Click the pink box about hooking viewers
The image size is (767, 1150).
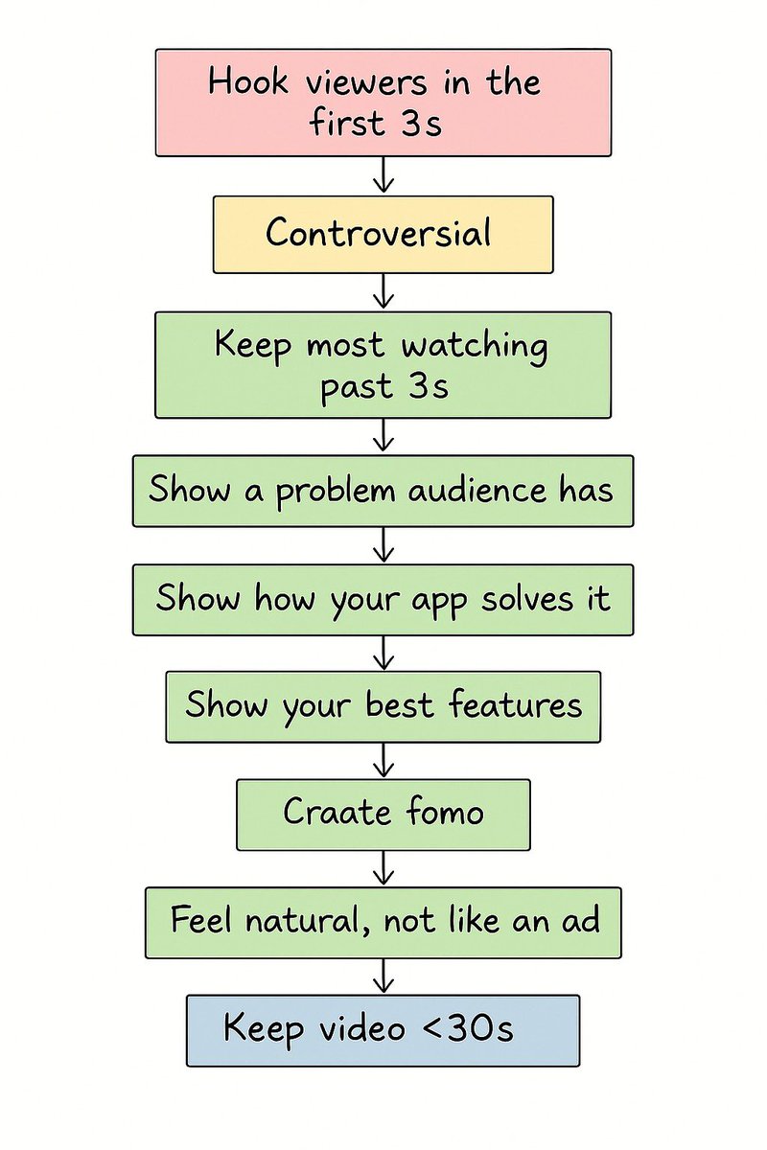[383, 103]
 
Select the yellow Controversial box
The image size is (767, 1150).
[383, 235]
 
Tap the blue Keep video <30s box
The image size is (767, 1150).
[383, 1030]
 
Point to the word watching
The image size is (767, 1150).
[475, 346]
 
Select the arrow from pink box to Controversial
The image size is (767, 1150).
[383, 176]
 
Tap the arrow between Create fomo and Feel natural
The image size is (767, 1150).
[383, 869]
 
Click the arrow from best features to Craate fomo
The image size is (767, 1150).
[383, 761]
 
